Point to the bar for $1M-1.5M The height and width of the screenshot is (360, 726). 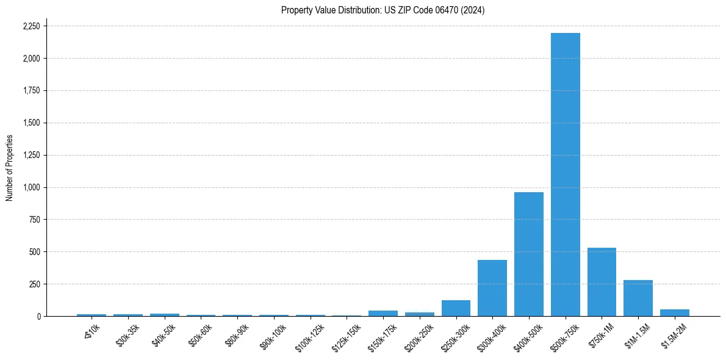(638, 298)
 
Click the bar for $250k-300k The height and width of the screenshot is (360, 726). (456, 308)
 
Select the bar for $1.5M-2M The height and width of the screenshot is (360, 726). (674, 312)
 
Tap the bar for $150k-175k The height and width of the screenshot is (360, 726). (383, 313)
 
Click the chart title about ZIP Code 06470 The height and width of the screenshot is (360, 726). (383, 10)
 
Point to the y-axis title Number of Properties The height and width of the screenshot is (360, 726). (10, 168)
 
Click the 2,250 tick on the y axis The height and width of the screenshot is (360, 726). (31, 26)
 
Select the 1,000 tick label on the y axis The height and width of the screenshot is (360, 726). (31, 187)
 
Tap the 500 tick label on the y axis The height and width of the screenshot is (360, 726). (35, 252)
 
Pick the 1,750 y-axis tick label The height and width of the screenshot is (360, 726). (31, 91)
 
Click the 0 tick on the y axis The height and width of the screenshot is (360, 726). (39, 317)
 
